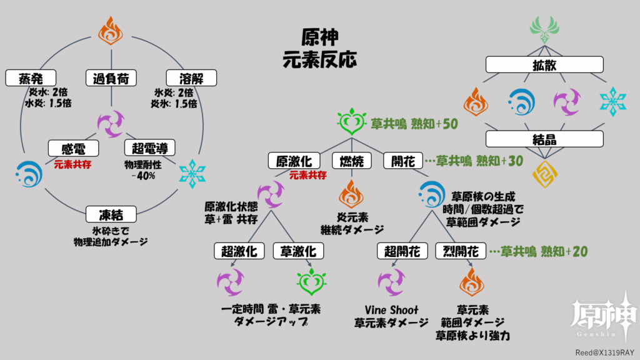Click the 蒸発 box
pyautogui.click(x=30, y=78)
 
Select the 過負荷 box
pyautogui.click(x=111, y=78)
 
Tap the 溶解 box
pyautogui.click(x=192, y=78)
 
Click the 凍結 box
pyautogui.click(x=111, y=215)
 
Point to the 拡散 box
pyautogui.click(x=544, y=64)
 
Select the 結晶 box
pyautogui.click(x=544, y=139)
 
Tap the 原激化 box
pyautogui.click(x=290, y=161)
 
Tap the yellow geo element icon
pyautogui.click(x=544, y=174)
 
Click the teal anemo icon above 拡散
pyautogui.click(x=544, y=29)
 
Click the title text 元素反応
pyautogui.click(x=319, y=59)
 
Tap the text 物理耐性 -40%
pyautogui.click(x=149, y=171)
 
